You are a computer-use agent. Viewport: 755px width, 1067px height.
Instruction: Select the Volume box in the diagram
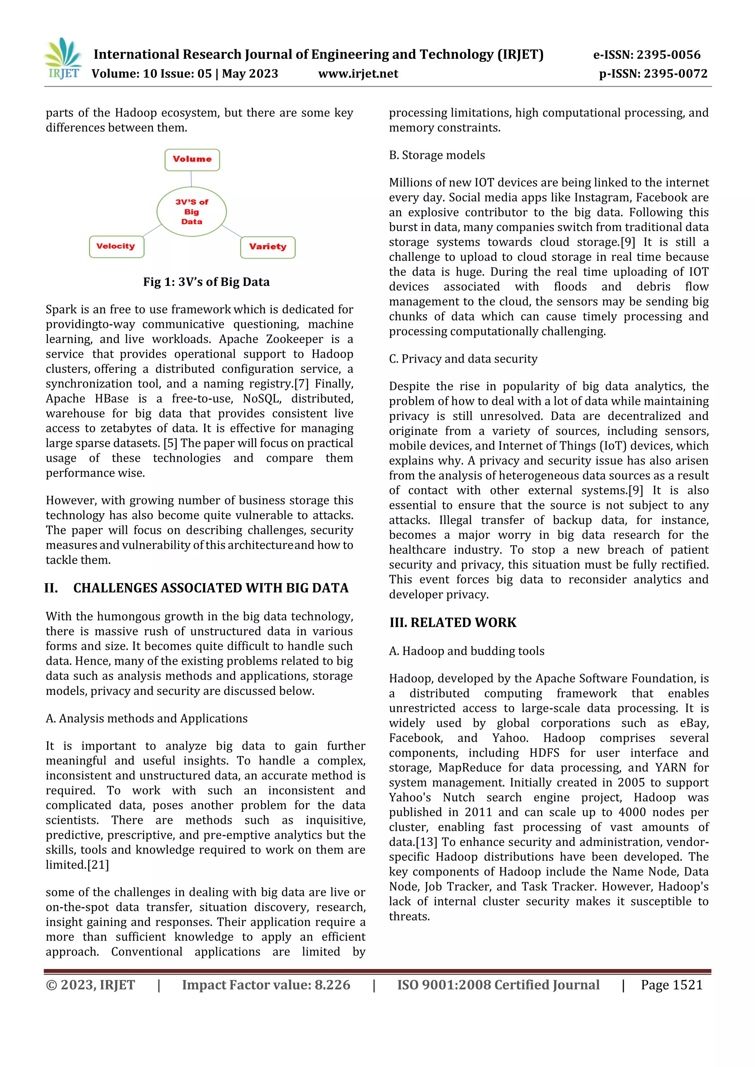click(192, 160)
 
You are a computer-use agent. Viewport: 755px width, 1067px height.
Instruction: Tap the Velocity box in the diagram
click(116, 246)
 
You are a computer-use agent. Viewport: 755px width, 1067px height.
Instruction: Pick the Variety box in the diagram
click(268, 247)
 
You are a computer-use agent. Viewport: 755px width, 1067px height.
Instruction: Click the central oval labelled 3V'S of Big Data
click(192, 212)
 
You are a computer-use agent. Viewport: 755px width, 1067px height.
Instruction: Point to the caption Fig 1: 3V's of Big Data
click(206, 282)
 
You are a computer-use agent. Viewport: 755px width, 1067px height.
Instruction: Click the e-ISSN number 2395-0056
click(668, 55)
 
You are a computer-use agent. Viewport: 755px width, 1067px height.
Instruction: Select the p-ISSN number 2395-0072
click(675, 73)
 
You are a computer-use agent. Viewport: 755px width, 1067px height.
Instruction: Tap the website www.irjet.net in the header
click(358, 73)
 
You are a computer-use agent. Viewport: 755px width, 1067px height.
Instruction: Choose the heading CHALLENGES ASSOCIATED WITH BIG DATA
click(211, 588)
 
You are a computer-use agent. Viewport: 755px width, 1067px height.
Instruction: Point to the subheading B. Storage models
click(436, 155)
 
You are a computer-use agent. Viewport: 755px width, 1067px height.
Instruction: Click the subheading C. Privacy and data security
click(463, 359)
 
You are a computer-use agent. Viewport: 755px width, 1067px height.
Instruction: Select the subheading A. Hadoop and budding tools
click(466, 651)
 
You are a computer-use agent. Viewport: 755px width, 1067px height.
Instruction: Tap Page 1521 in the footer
click(671, 985)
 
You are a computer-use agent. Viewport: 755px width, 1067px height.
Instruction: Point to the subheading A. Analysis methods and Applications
click(146, 718)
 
